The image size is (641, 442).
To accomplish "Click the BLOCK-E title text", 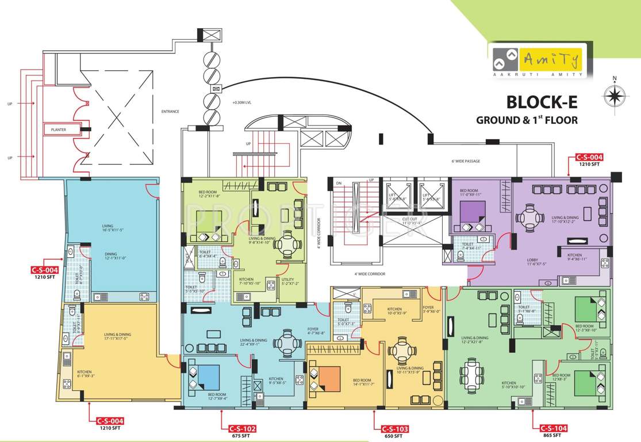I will (x=540, y=102).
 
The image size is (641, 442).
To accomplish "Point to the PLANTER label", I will (x=59, y=130).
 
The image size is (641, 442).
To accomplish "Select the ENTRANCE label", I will (x=170, y=112).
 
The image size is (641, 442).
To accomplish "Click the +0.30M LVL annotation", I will (x=241, y=103).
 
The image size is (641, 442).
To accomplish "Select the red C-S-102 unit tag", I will (x=241, y=429).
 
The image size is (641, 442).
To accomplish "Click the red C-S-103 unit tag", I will (x=394, y=429).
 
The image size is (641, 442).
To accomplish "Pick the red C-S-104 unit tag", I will (x=554, y=429).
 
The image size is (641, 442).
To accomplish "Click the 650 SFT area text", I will (x=394, y=436).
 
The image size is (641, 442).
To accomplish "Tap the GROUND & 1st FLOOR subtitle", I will (x=526, y=120).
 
